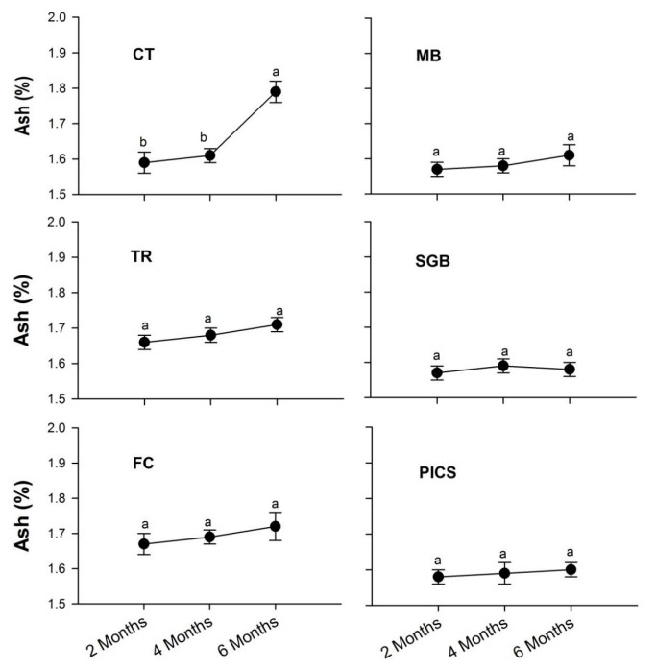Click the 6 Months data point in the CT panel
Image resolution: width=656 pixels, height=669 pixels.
pyautogui.click(x=276, y=92)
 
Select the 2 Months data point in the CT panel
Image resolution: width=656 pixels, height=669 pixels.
pyautogui.click(x=144, y=162)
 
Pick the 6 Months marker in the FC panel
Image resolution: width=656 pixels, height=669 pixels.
pyautogui.click(x=276, y=526)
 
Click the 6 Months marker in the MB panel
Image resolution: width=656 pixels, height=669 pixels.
pyautogui.click(x=569, y=155)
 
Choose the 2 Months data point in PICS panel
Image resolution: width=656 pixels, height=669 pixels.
pyautogui.click(x=437, y=577)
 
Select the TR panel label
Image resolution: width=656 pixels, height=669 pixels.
pyautogui.click(x=143, y=257)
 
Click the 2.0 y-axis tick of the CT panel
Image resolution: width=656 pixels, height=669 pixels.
pyautogui.click(x=68, y=18)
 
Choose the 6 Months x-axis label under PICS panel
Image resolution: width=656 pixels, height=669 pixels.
pyautogui.click(x=554, y=633)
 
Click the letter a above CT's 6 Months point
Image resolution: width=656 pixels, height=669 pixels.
pyautogui.click(x=276, y=70)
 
